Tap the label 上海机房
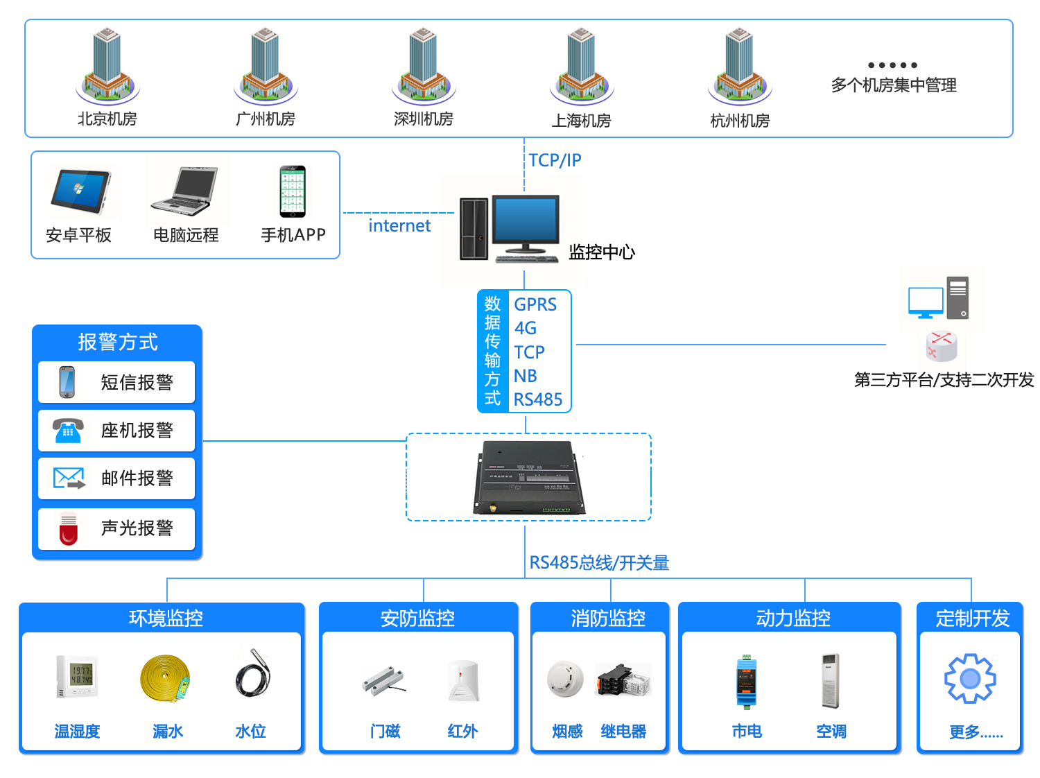[581, 121]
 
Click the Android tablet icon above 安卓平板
[80, 191]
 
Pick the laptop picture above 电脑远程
[185, 191]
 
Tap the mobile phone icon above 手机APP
[293, 191]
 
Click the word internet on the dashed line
[399, 226]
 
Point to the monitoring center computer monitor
[525, 221]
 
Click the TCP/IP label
[555, 160]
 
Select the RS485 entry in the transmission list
[538, 399]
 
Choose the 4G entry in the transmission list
[526, 328]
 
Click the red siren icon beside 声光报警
[69, 529]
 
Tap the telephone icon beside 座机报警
[68, 431]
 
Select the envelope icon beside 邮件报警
[69, 478]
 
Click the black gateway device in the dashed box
[528, 478]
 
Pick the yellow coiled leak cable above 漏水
[165, 678]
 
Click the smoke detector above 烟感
[565, 678]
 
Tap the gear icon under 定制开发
[970, 678]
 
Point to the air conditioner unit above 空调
[830, 680]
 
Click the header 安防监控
[417, 618]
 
